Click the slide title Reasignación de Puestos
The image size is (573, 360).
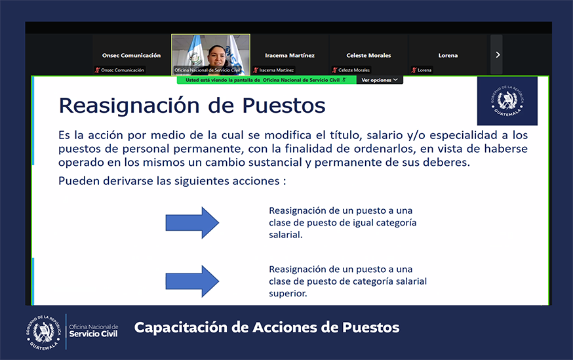point(192,106)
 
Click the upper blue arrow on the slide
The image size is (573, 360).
point(192,222)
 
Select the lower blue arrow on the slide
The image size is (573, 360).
point(192,281)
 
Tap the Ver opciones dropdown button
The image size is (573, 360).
point(380,80)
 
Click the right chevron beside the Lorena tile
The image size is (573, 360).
point(498,55)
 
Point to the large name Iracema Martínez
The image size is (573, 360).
point(290,56)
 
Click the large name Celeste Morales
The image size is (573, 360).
point(368,56)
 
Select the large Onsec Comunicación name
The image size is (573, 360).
point(131,56)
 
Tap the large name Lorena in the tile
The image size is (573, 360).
point(448,56)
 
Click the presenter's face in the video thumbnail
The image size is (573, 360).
point(217,55)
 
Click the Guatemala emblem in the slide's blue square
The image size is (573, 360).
point(507,100)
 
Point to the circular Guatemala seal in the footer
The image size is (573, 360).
point(44,332)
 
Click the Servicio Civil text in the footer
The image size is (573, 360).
point(94,334)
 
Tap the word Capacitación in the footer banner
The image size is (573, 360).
point(181,327)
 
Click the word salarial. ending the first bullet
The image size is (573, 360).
point(286,235)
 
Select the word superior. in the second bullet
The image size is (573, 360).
point(288,294)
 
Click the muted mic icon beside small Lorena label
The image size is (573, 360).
point(414,70)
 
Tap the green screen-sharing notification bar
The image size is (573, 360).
point(267,80)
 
